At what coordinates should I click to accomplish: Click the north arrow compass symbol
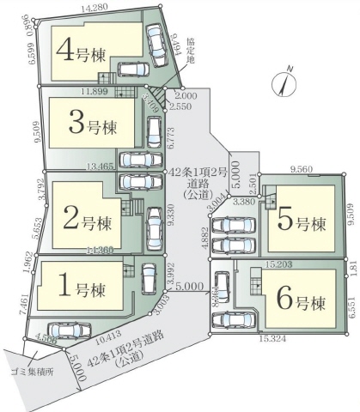[284, 82]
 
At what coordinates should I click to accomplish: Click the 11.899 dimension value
[95, 88]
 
